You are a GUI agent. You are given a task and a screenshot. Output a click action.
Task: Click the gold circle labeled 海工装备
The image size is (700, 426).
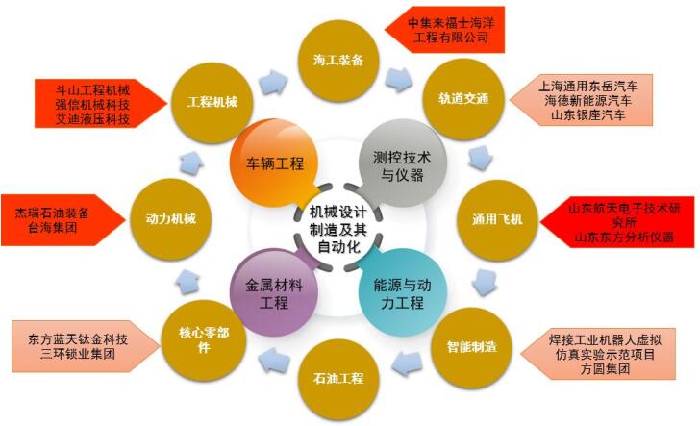(x=338, y=60)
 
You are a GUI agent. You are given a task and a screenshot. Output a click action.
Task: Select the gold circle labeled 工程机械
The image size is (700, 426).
(x=212, y=103)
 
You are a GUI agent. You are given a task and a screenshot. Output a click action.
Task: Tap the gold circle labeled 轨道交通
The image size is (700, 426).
(x=463, y=99)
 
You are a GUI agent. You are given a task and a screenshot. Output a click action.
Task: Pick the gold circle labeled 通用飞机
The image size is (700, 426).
(x=498, y=219)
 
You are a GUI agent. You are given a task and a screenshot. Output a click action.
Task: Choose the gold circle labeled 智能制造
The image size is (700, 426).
(x=472, y=347)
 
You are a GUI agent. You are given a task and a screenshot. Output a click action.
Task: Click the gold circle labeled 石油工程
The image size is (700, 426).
(x=338, y=380)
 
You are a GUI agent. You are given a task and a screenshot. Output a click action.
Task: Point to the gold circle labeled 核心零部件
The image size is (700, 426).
(x=204, y=340)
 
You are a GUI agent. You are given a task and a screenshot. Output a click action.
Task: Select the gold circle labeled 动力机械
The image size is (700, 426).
(x=171, y=219)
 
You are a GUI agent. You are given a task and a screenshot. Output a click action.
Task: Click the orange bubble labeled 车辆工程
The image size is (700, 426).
(x=275, y=163)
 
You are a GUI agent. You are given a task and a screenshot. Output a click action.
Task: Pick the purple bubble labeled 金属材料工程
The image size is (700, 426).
(x=274, y=292)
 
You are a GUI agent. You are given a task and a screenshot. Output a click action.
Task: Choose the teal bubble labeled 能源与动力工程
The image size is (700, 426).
(x=402, y=292)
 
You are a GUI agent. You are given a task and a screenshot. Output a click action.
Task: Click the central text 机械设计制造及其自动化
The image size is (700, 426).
(x=337, y=229)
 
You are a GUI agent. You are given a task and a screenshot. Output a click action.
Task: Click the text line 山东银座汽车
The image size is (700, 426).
(x=587, y=115)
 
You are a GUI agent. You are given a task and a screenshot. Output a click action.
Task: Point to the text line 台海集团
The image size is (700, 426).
(x=53, y=228)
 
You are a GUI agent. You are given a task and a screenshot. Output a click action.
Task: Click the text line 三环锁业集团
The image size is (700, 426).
(x=78, y=354)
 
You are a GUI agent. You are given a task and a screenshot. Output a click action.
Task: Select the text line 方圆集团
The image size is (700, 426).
(x=606, y=369)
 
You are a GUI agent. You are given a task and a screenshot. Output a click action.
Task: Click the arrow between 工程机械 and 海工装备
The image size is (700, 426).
(x=274, y=82)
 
